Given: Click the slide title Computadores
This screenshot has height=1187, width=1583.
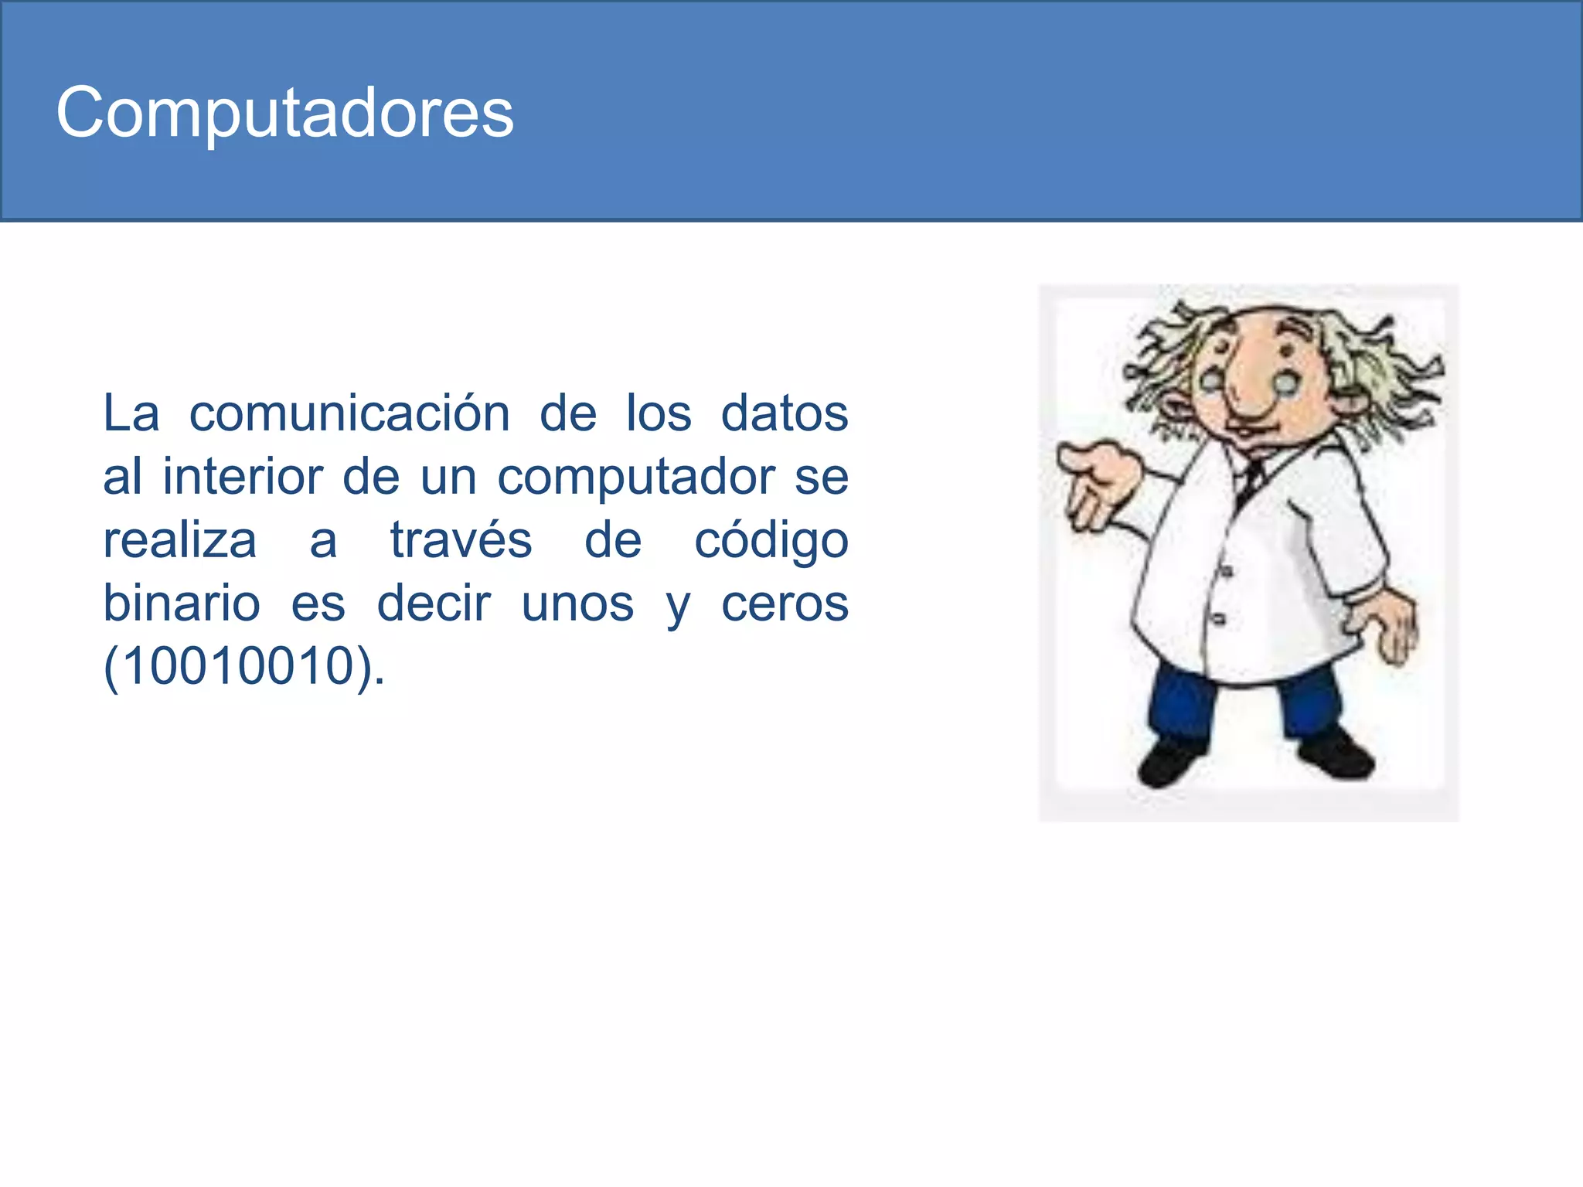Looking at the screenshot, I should click(284, 114).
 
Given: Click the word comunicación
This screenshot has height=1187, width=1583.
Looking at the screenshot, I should click(349, 413).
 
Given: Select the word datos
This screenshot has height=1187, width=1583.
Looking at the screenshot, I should click(784, 413).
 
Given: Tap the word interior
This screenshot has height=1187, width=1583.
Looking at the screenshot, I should click(242, 477).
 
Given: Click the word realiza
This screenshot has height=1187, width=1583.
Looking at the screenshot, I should click(180, 540).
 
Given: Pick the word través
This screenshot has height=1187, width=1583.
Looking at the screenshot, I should click(461, 540).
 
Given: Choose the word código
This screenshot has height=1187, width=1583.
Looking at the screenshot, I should click(771, 542).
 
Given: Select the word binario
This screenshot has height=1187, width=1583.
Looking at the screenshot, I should click(182, 604).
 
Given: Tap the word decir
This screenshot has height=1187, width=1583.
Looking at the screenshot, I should click(434, 604).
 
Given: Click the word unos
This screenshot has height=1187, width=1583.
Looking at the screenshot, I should click(577, 605).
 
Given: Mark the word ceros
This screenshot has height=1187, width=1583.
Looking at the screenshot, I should click(785, 605).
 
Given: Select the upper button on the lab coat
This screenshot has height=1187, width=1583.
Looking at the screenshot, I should click(1226, 571).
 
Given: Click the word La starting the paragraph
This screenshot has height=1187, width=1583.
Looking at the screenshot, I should click(131, 413).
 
